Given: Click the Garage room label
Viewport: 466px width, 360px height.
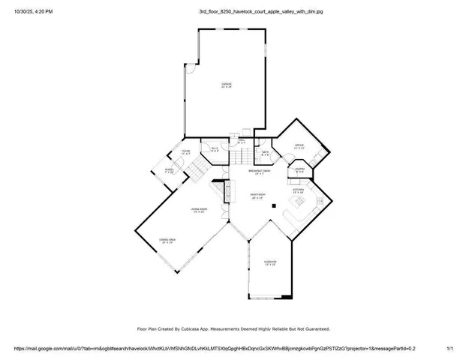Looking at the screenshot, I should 226,84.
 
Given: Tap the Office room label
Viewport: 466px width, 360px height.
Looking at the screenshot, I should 299,145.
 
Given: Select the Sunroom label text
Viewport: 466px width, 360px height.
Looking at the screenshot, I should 269,262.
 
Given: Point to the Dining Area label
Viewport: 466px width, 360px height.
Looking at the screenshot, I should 166,240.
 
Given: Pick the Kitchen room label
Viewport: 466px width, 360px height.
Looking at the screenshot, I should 298,190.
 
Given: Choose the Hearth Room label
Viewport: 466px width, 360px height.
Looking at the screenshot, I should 258,196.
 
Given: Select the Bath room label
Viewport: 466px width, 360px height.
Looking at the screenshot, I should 265,152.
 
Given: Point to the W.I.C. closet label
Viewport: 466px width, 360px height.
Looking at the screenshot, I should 214,149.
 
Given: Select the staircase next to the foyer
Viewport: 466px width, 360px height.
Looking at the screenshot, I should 197,171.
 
